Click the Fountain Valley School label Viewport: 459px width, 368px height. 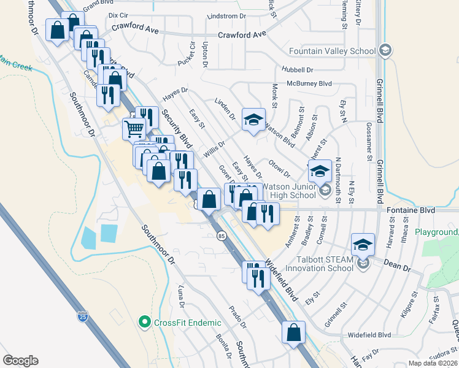[x=332, y=50]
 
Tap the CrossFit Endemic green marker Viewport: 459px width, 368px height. [x=145, y=321]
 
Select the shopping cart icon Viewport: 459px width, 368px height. [x=134, y=129]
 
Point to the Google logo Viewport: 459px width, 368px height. [x=20, y=361]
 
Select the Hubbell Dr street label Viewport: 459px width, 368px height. [x=298, y=70]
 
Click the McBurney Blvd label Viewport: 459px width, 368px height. [x=309, y=83]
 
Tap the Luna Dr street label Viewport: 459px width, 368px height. [x=181, y=296]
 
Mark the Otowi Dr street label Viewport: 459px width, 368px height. [x=279, y=169]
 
